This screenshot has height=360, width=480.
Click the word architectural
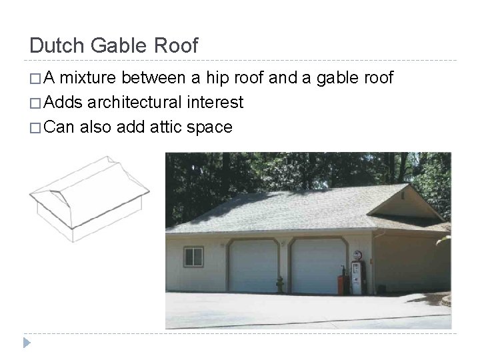(x=143, y=103)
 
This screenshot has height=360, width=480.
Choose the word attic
(x=163, y=127)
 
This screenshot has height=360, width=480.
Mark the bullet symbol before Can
(x=35, y=127)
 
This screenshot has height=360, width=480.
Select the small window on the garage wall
(x=193, y=255)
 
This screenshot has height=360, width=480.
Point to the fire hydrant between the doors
(x=281, y=284)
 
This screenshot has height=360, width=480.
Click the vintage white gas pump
(x=357, y=275)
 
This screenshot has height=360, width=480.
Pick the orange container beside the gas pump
(x=344, y=281)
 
